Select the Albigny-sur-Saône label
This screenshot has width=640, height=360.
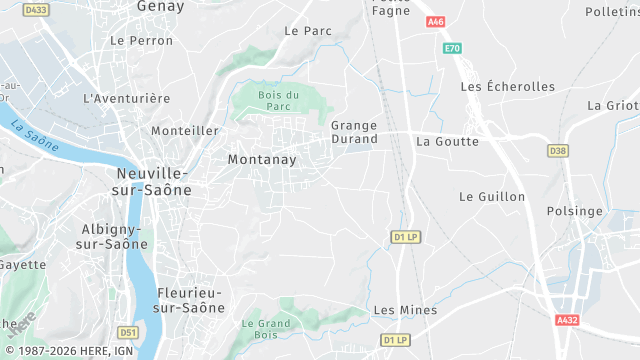[113, 236]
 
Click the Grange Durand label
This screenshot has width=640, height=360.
[354, 132]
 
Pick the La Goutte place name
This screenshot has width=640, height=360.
[447, 141]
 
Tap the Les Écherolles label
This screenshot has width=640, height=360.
[507, 87]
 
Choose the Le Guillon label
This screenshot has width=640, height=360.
[492, 197]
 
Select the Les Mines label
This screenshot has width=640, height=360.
[405, 310]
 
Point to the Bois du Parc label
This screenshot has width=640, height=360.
[279, 100]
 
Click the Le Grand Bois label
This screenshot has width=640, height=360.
[265, 329]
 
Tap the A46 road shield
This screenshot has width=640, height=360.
[435, 22]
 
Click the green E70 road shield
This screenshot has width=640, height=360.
[453, 48]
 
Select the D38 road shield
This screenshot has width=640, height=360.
[557, 150]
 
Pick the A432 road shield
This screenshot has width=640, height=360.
[567, 320]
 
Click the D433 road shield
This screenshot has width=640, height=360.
[36, 10]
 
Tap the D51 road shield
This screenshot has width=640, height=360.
[127, 332]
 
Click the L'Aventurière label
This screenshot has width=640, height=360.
[127, 99]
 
